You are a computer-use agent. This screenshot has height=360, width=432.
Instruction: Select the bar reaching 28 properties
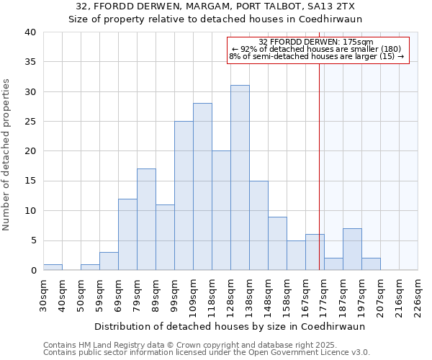tap(202, 186)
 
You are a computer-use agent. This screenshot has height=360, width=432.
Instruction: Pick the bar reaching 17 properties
tap(146, 220)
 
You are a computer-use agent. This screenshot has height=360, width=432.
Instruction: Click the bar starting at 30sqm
tap(53, 267)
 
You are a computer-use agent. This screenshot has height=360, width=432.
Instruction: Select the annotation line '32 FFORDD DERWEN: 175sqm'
tap(316, 42)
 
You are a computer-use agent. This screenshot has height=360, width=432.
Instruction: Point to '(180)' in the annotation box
tap(396, 49)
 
